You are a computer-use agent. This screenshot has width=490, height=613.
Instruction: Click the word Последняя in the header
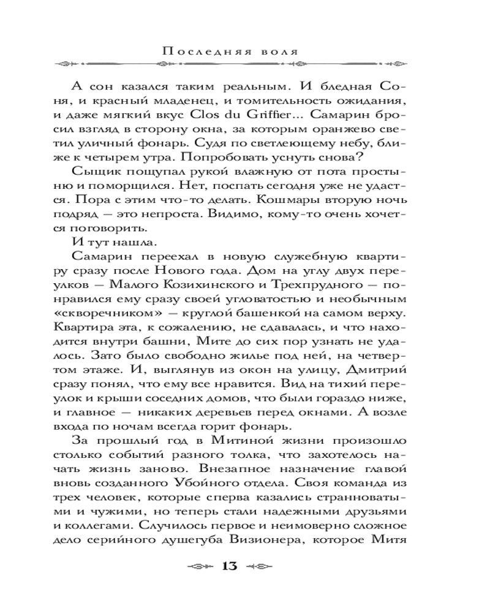pyautogui.click(x=206, y=51)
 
